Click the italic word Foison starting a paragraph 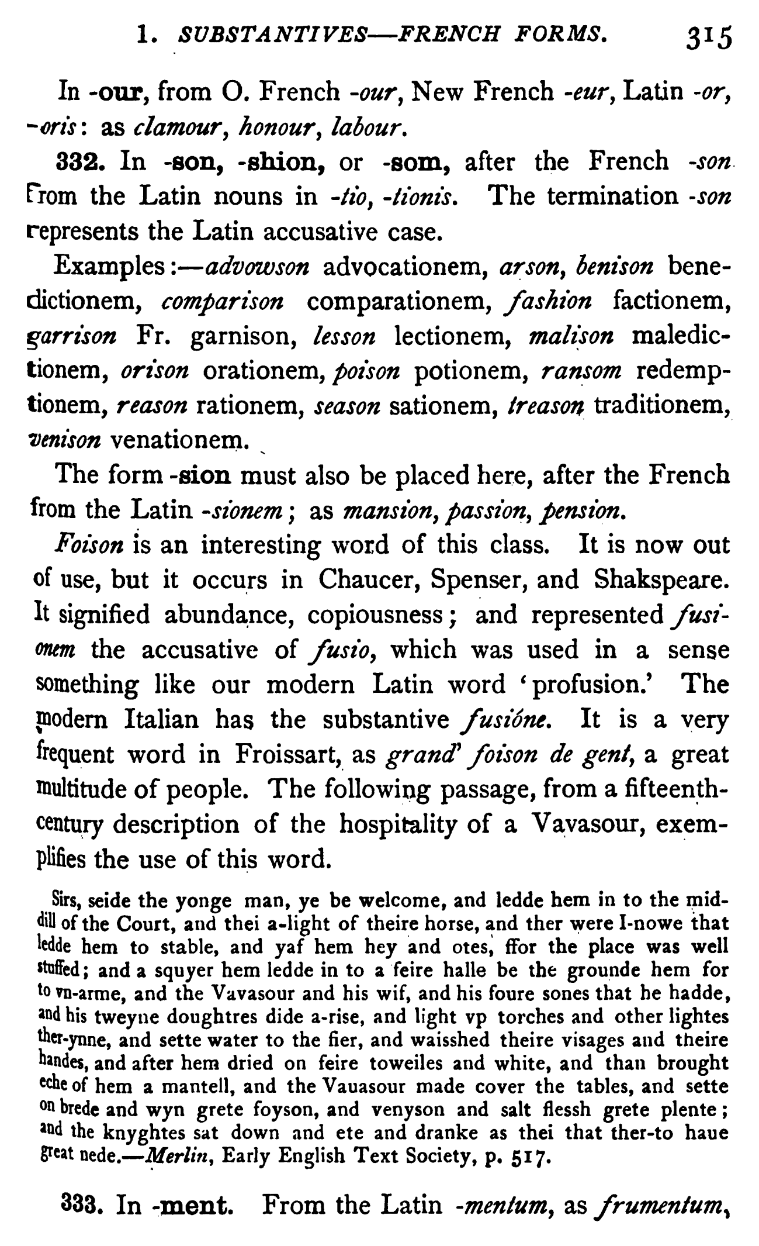click(89, 545)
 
